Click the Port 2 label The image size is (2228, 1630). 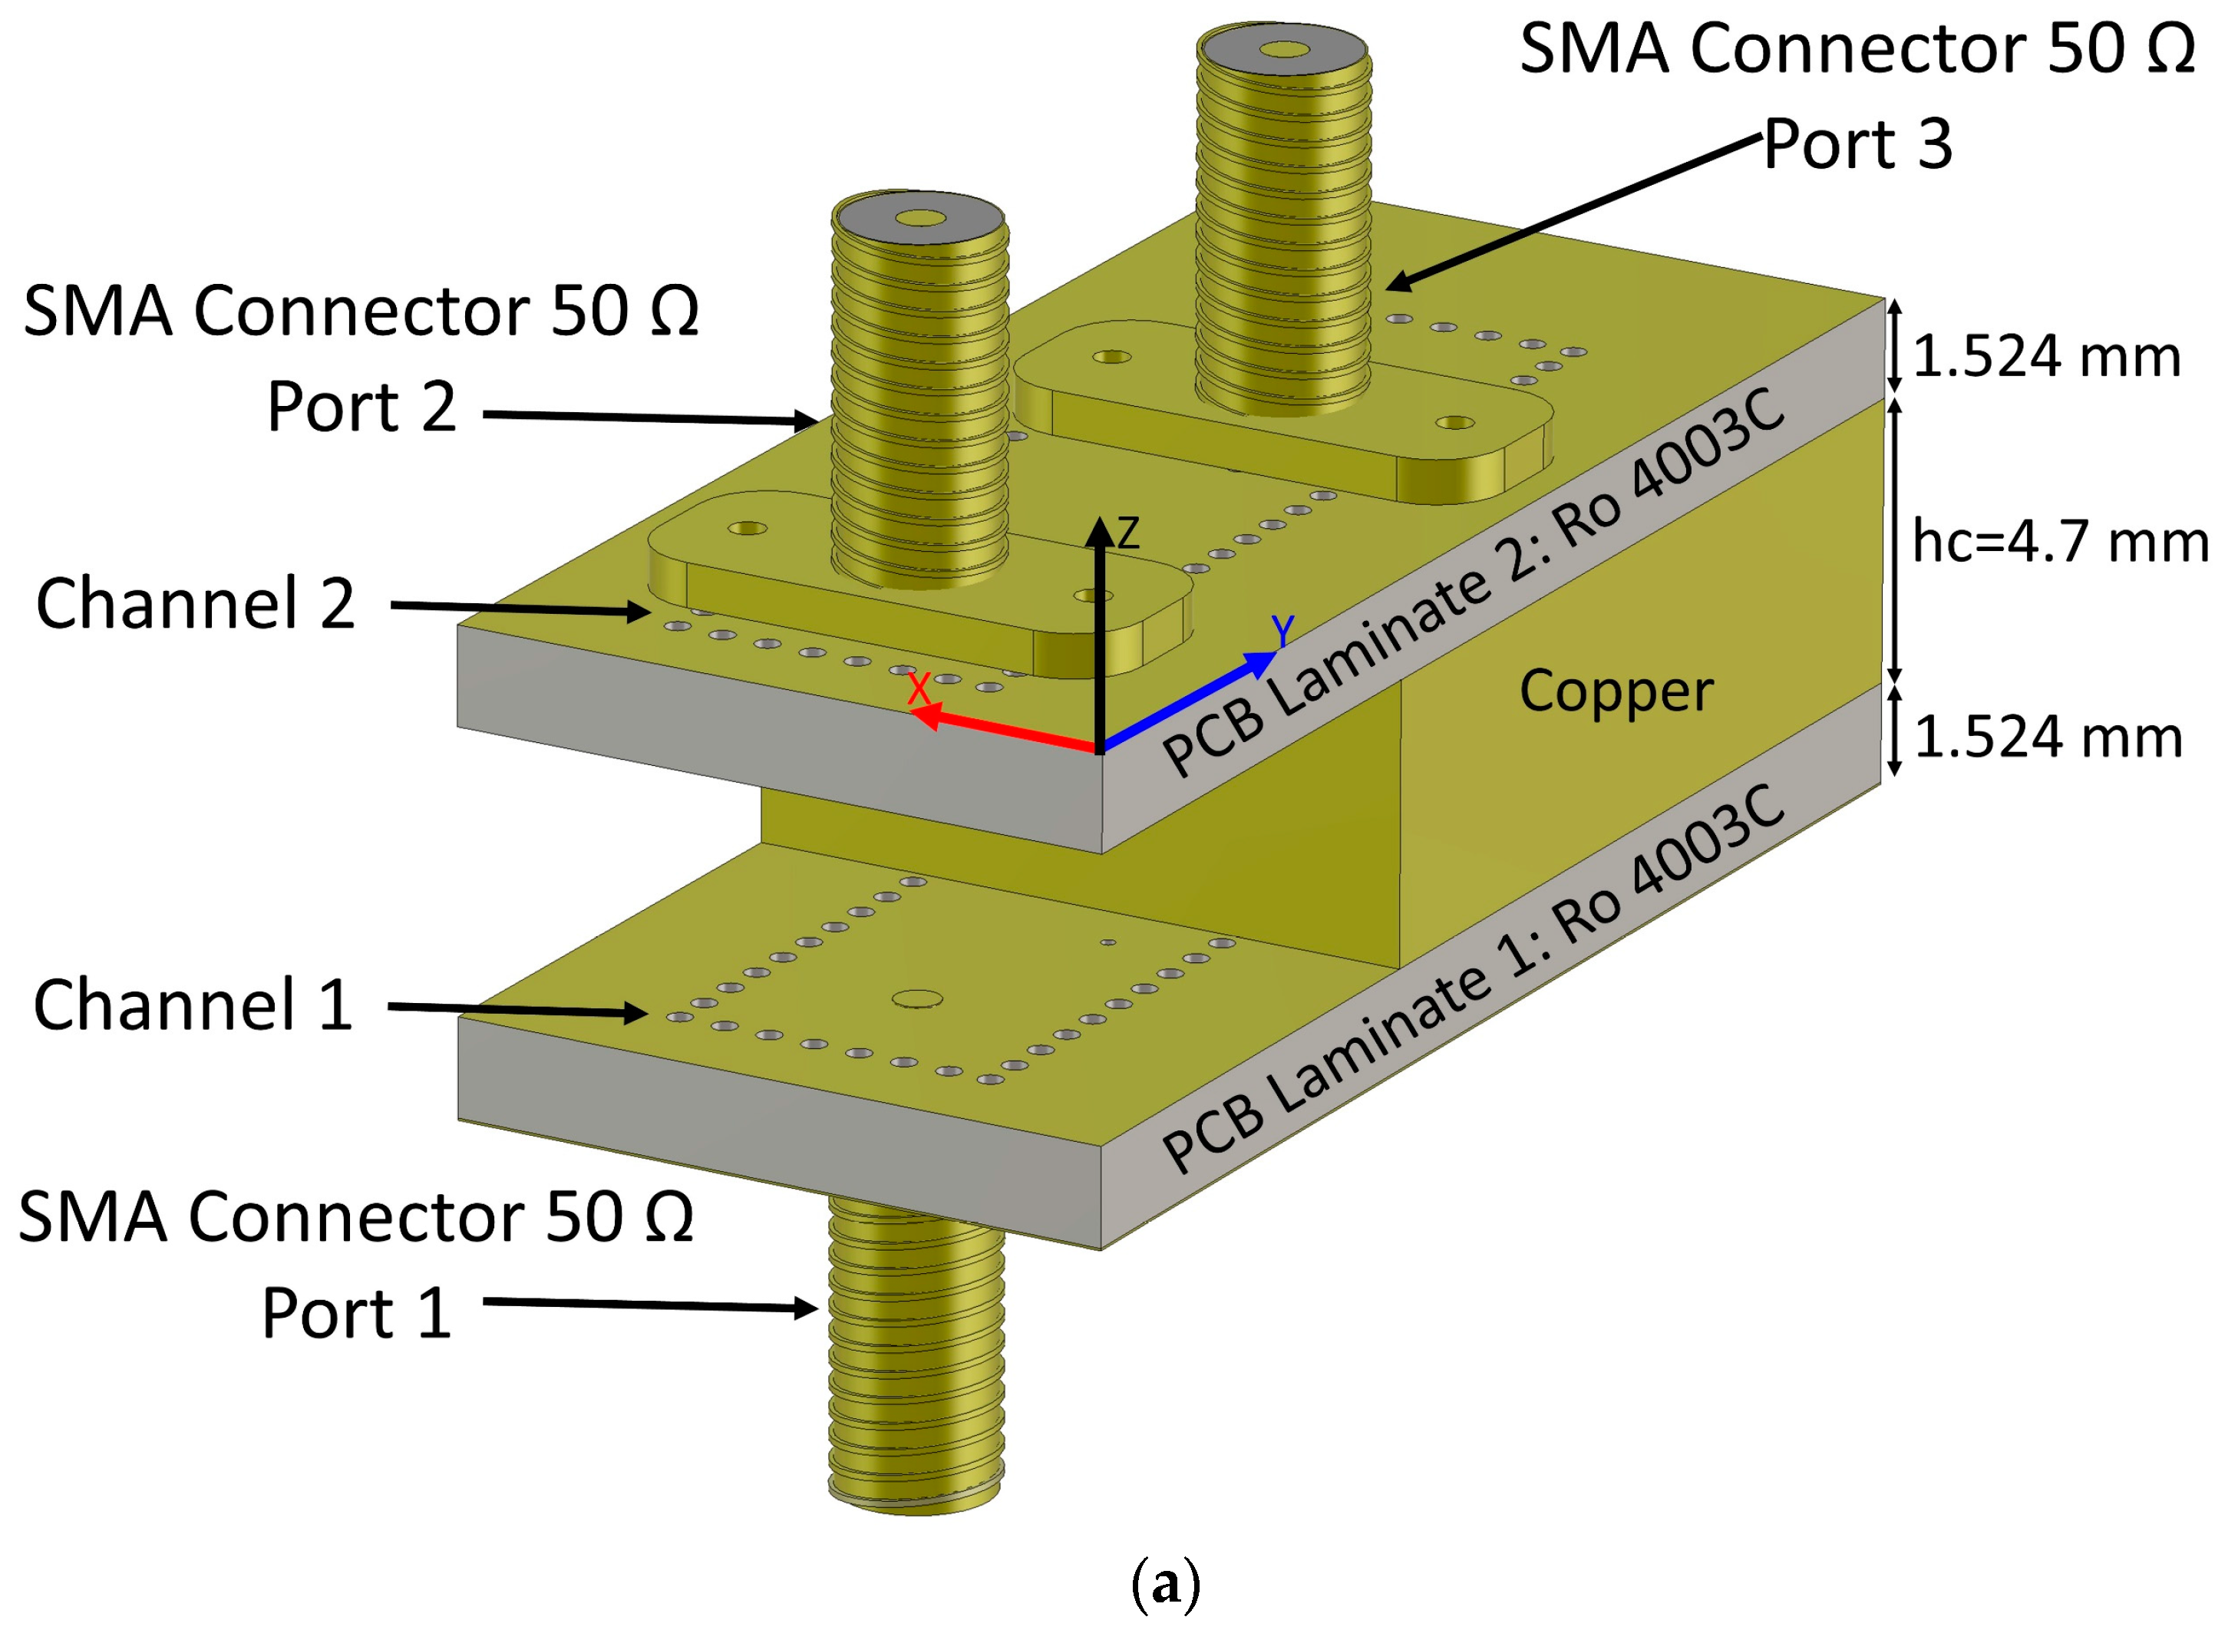(361, 407)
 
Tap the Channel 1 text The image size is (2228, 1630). (193, 1005)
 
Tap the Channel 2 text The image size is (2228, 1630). (196, 603)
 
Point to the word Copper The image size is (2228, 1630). (1616, 690)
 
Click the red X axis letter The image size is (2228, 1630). (919, 688)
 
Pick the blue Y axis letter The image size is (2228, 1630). (1282, 629)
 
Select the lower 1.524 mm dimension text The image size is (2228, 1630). (2048, 736)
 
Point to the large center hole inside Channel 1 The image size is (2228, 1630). (916, 999)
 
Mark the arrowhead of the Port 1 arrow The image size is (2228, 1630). (807, 1308)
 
